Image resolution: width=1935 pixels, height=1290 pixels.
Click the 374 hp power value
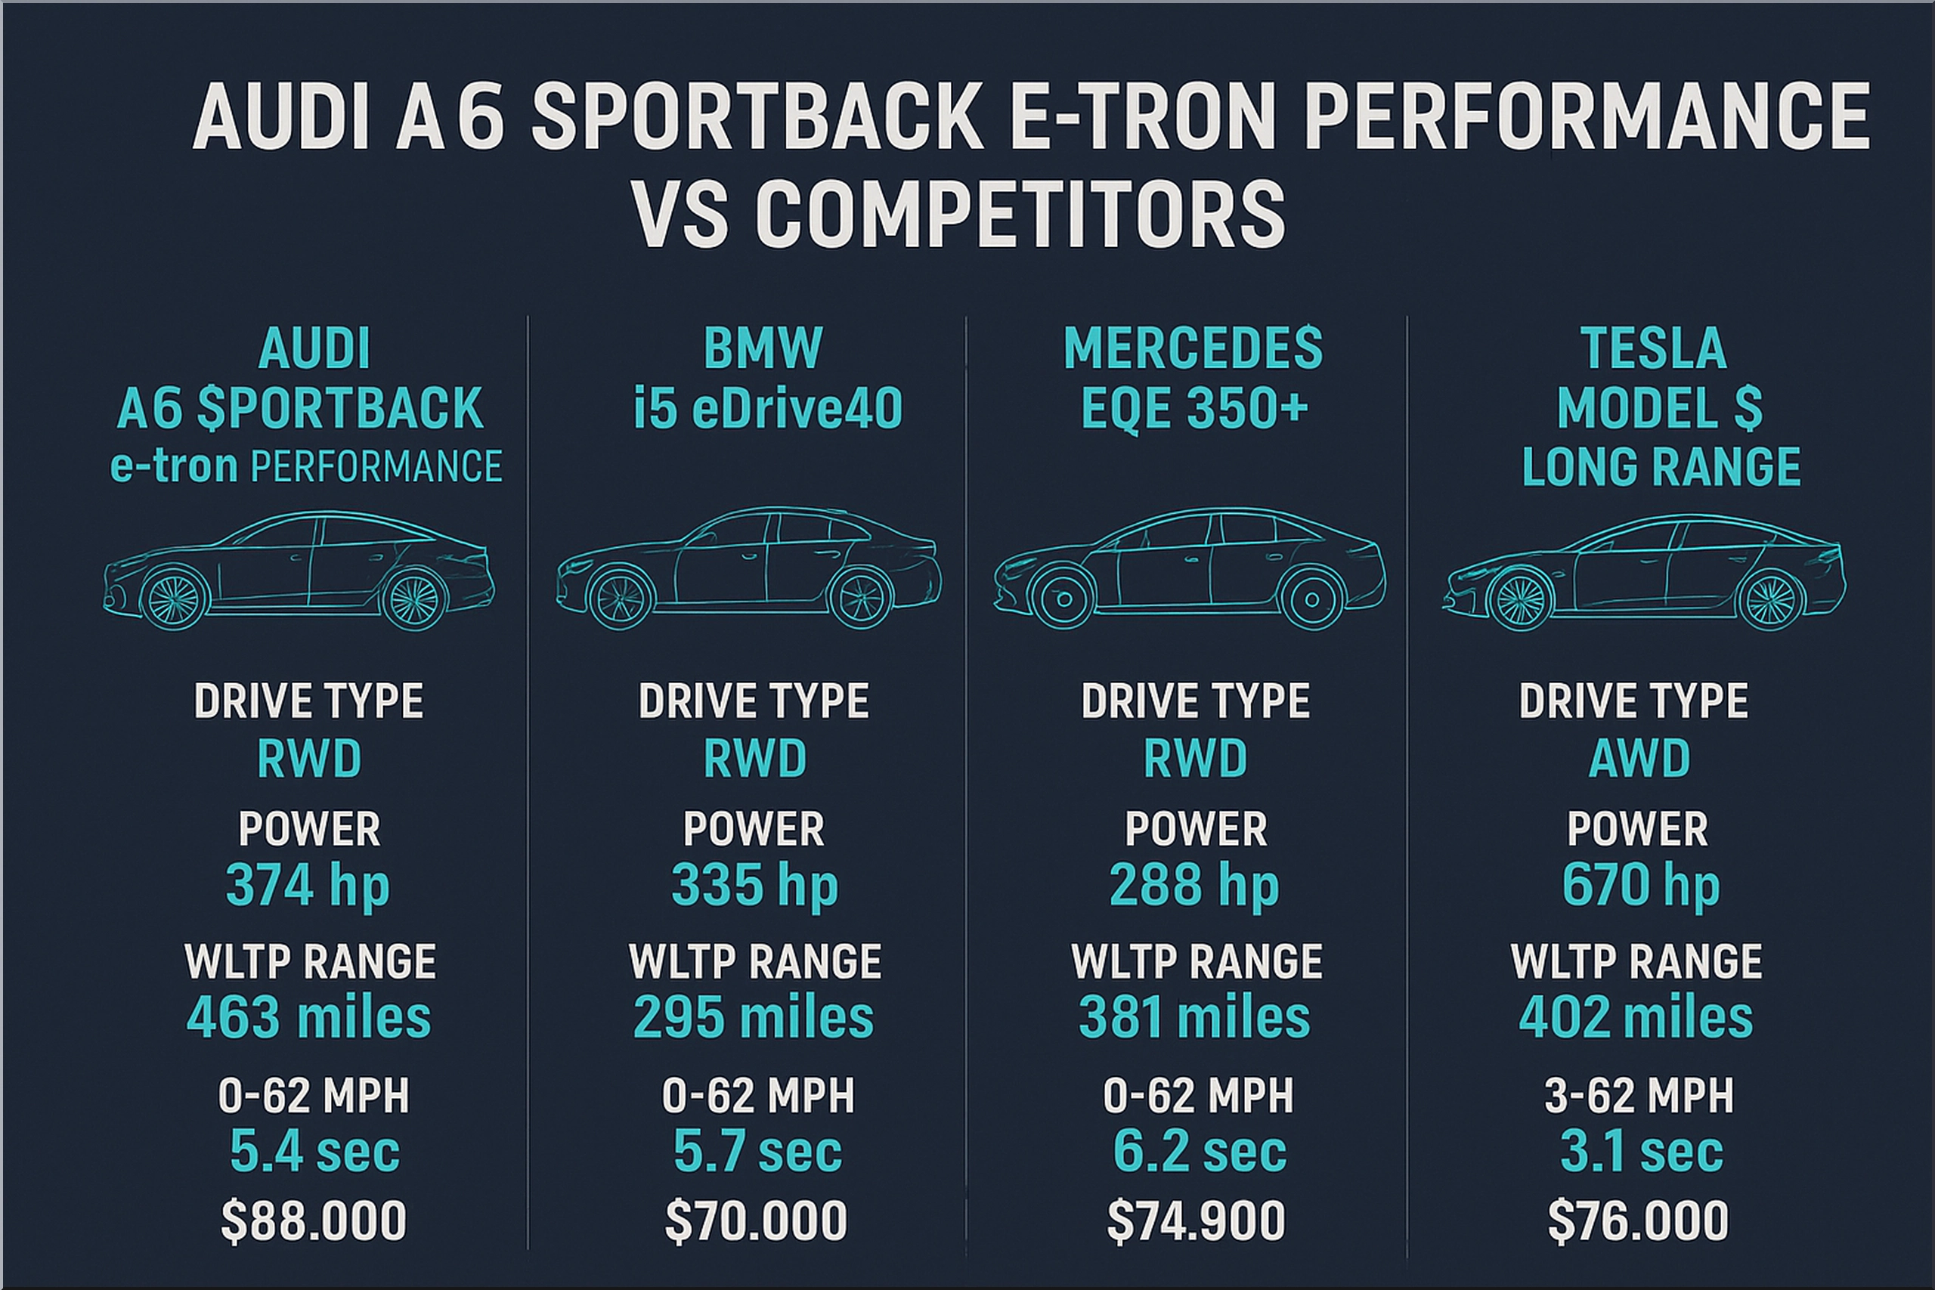308,886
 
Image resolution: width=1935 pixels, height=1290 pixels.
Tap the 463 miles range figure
308,1018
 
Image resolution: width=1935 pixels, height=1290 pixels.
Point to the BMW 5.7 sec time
757,1150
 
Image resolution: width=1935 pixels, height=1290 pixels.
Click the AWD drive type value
1639,758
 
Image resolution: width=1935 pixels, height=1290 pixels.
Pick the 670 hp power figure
1640,886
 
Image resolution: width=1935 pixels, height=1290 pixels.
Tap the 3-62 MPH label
1639,1096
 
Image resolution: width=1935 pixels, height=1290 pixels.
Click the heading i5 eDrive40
768,408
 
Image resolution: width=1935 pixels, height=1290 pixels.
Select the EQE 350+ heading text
1194,408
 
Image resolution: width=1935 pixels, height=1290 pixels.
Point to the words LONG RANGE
1661,467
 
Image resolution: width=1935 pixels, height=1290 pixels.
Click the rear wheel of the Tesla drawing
1770,600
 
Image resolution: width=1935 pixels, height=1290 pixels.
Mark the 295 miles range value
753,1018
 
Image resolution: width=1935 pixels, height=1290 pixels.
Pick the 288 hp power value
1194,886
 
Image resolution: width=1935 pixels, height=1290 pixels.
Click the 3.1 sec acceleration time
1641,1150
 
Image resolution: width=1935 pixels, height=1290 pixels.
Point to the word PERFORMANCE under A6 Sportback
376,467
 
